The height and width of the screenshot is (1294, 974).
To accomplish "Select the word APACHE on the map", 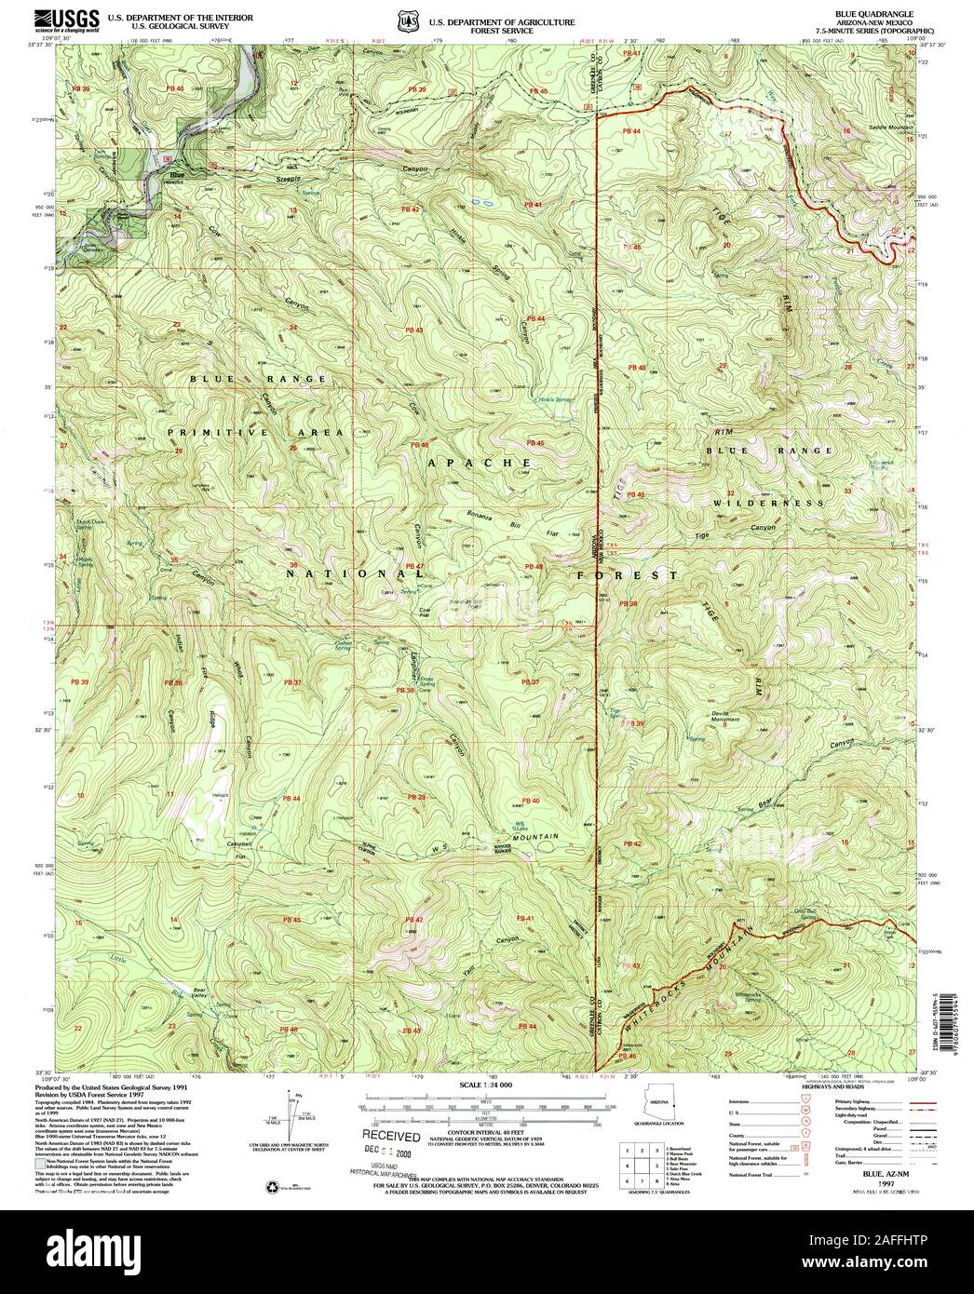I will point(480,462).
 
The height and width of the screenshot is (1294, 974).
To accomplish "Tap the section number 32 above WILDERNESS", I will point(730,492).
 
